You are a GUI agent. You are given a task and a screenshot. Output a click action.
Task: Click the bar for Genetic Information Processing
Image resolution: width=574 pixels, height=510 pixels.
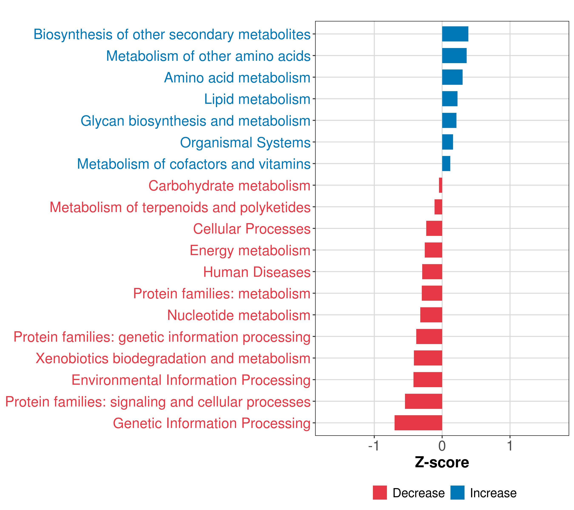418,423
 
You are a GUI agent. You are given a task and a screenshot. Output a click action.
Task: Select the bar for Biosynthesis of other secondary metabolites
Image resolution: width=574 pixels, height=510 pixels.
455,34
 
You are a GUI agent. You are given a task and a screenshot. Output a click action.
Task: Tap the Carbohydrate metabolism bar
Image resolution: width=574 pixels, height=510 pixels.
441,185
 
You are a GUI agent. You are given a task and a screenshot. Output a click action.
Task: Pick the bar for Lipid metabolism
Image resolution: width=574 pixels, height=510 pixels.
450,99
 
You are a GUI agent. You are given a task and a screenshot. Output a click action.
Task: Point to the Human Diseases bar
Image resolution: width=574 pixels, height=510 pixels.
432,272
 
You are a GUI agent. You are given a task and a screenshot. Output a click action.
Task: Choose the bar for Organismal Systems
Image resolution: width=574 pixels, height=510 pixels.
447,142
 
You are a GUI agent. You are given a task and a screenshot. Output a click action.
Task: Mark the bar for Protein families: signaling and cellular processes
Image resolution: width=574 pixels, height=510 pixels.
423,401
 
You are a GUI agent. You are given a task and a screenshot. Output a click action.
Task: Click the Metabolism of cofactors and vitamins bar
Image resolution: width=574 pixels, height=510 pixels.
446,164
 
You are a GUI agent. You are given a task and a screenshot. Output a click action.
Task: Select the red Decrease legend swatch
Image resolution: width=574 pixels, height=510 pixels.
380,493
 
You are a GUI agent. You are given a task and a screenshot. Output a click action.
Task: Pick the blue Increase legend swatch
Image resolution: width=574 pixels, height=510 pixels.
457,493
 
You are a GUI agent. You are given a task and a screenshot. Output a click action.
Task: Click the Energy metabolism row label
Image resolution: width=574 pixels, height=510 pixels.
250,250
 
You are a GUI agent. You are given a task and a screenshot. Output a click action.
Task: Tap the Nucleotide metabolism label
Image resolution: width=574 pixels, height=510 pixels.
239,315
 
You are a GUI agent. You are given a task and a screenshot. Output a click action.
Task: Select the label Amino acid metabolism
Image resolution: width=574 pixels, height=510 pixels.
237,78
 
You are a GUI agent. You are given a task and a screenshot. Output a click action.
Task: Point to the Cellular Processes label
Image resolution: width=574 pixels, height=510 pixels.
252,229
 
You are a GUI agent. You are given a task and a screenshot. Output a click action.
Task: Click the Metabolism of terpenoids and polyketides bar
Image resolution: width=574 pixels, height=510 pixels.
438,207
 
